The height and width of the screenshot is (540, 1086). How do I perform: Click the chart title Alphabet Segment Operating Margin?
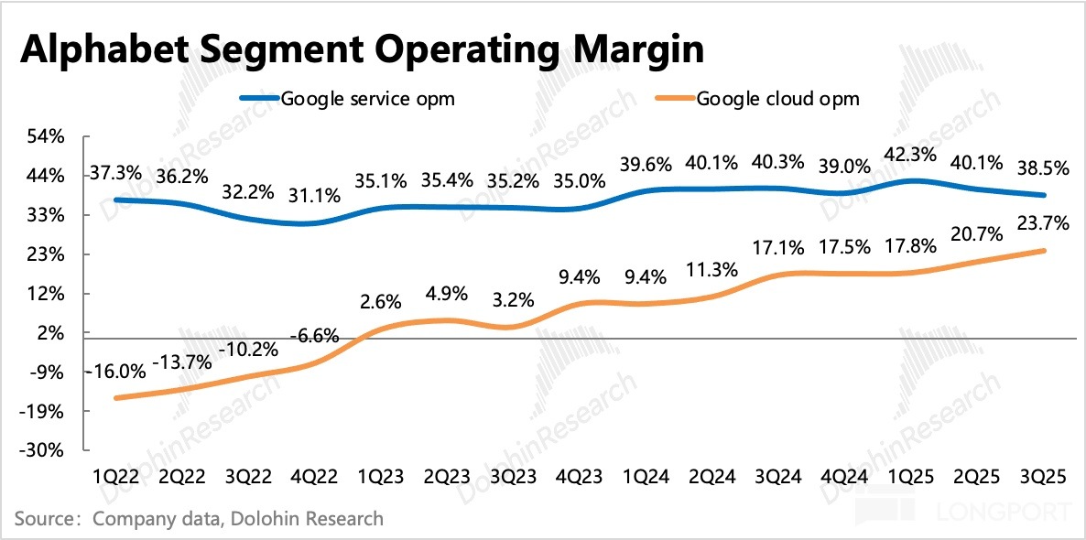pos(362,49)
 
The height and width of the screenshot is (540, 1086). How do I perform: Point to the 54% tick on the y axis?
pos(47,136)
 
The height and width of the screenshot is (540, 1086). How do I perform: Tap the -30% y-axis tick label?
pos(45,451)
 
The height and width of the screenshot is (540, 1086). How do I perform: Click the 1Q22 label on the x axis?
pos(114,477)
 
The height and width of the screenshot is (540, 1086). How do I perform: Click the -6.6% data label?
pos(315,336)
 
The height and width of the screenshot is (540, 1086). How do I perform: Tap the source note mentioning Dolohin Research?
pos(198,520)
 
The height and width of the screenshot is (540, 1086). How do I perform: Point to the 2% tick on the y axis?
pos(50,333)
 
